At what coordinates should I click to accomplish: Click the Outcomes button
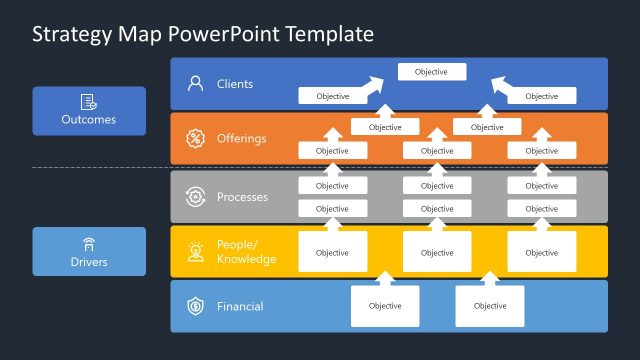click(x=89, y=110)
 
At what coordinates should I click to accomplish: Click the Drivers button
click(x=89, y=251)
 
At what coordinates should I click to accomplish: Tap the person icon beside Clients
click(x=195, y=84)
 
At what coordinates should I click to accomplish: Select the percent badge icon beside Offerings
click(x=195, y=138)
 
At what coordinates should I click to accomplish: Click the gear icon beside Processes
click(x=195, y=197)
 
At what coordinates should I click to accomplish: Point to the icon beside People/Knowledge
click(x=195, y=252)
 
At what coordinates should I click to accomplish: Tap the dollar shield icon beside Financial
click(x=195, y=306)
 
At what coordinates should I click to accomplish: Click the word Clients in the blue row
click(x=235, y=84)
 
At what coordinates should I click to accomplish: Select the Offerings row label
click(x=241, y=138)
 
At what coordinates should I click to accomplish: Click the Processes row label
click(x=242, y=197)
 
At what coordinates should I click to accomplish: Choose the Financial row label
click(x=240, y=306)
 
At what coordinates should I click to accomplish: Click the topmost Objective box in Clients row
click(x=431, y=72)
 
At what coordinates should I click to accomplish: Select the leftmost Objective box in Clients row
click(x=332, y=96)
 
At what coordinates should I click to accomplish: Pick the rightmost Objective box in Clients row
click(x=541, y=96)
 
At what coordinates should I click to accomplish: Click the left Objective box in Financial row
click(x=384, y=306)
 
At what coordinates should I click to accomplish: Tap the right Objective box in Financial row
click(x=489, y=306)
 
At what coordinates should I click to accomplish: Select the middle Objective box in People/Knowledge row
click(x=436, y=252)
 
